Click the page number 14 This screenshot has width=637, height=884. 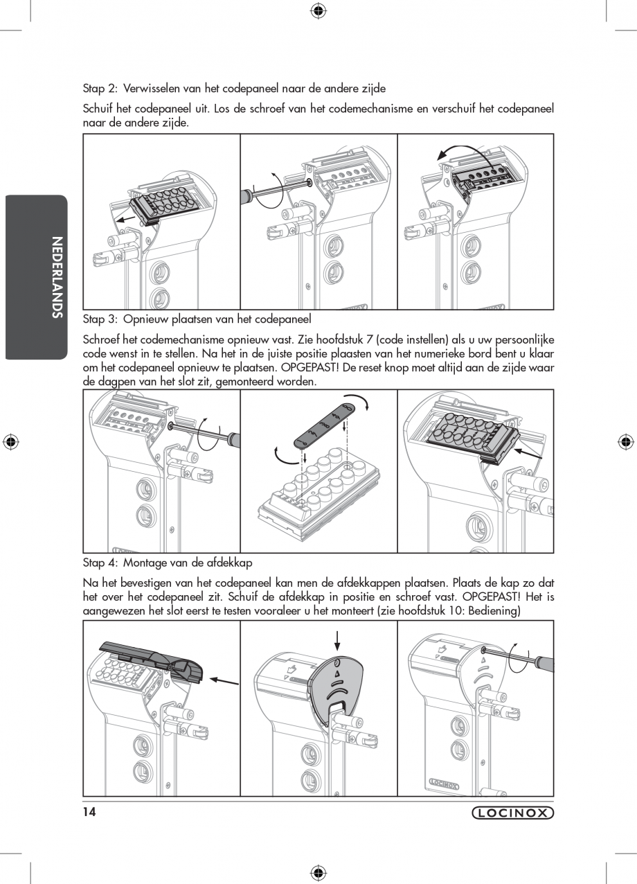click(x=89, y=812)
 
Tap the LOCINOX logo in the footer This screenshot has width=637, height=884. click(x=512, y=813)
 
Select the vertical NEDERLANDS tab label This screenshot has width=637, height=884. click(x=57, y=277)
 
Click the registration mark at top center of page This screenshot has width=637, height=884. click(x=318, y=10)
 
